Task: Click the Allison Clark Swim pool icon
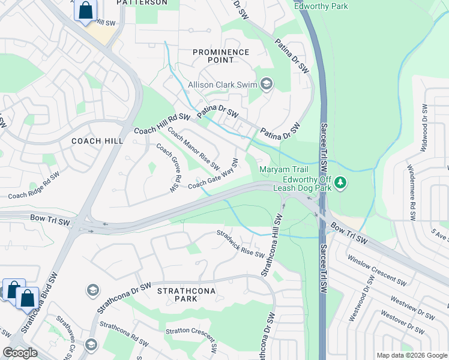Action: [267, 85]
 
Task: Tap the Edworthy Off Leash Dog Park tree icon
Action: [340, 182]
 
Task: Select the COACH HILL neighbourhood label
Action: [97, 141]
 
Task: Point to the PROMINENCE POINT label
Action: [221, 56]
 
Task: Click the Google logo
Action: [20, 353]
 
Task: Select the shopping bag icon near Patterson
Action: [86, 11]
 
